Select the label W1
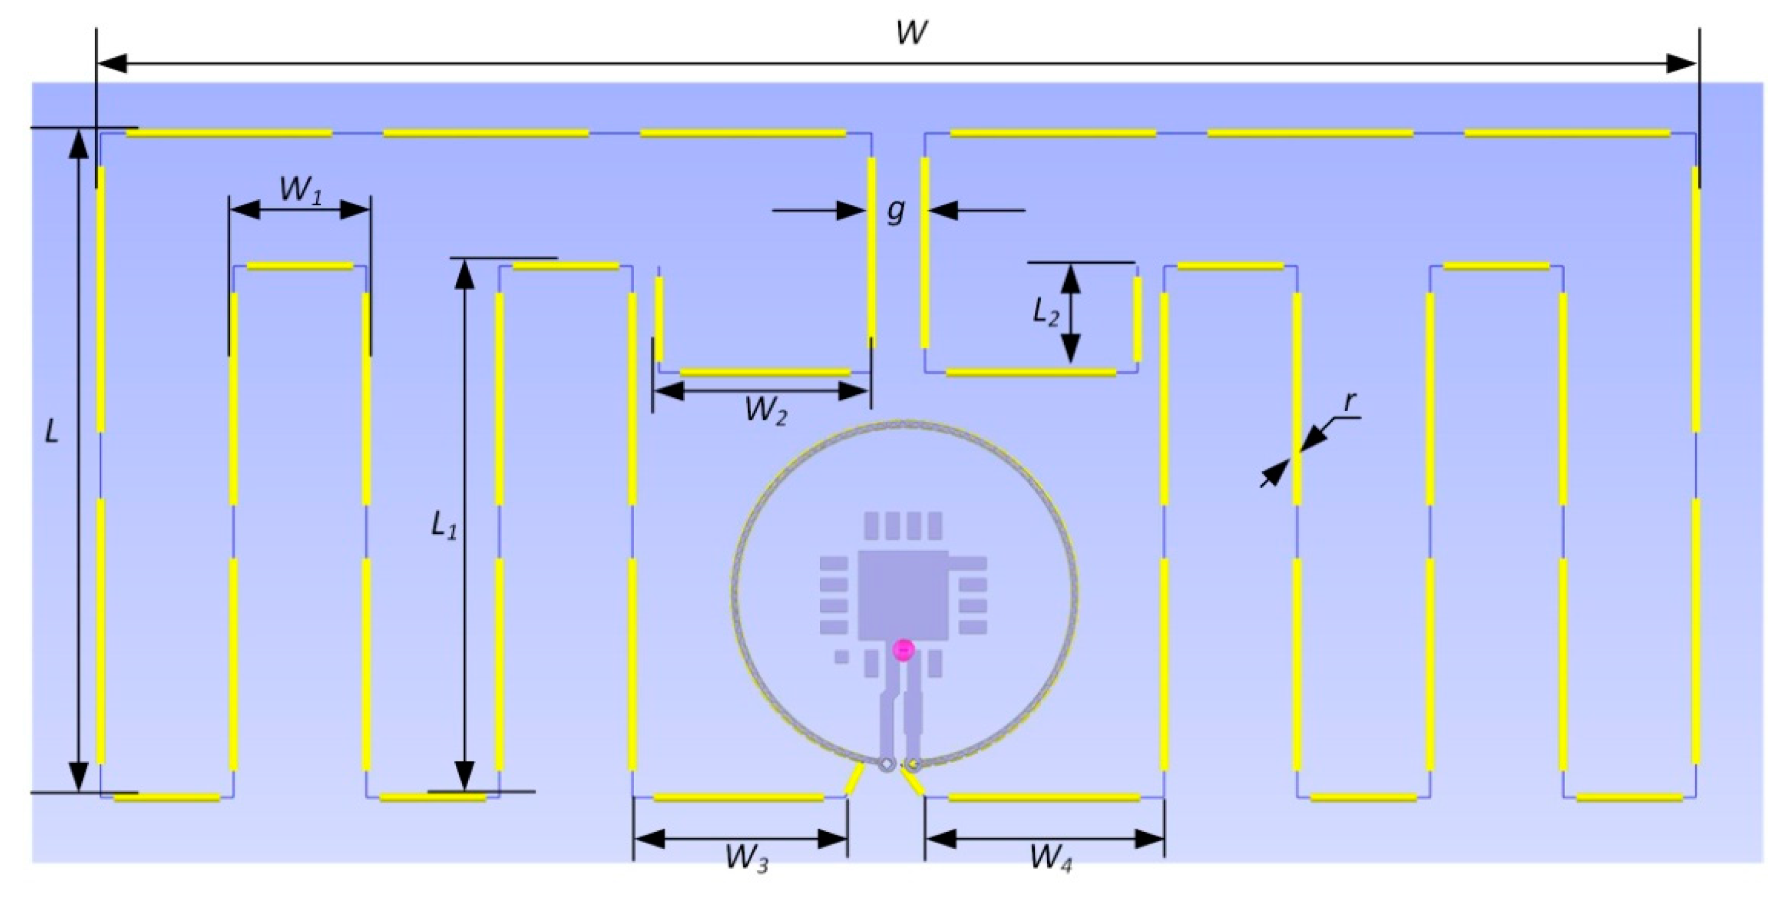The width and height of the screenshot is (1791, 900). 300,189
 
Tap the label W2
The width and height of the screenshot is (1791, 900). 765,411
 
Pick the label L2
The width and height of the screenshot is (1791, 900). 1045,312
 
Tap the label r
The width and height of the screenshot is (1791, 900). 1349,402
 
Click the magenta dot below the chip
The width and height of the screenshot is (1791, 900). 903,650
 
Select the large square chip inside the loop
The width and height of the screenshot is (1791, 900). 903,596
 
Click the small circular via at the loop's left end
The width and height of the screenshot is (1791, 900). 886,765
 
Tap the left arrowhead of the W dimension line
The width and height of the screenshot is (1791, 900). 111,64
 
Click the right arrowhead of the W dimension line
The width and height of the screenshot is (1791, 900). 1682,64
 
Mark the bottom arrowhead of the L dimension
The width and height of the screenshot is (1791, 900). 79,777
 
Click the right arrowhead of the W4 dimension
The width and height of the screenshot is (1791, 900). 1150,839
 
